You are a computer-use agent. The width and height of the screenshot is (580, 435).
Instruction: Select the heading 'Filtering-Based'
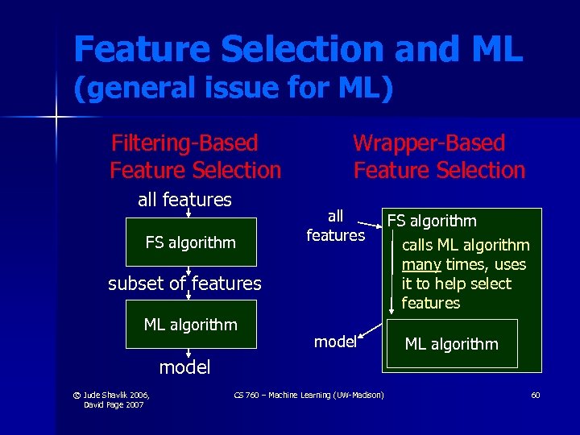pyautogui.click(x=184, y=143)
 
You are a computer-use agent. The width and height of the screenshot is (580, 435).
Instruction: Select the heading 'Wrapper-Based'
pyautogui.click(x=429, y=143)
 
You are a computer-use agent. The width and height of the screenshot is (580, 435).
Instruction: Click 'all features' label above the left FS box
pyautogui.click(x=184, y=200)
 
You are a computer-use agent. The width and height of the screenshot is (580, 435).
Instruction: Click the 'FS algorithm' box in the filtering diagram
pyautogui.click(x=191, y=242)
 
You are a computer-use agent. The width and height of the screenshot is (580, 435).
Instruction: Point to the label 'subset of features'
pyautogui.click(x=184, y=284)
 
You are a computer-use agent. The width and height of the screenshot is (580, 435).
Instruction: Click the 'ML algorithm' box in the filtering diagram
pyautogui.click(x=191, y=325)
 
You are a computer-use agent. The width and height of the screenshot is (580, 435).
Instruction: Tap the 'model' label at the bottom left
pyautogui.click(x=184, y=368)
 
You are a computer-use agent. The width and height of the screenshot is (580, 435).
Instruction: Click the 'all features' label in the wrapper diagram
pyautogui.click(x=335, y=226)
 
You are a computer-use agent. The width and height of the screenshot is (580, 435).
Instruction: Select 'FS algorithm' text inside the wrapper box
pyautogui.click(x=432, y=221)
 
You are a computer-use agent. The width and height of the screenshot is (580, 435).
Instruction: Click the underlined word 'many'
pyautogui.click(x=419, y=264)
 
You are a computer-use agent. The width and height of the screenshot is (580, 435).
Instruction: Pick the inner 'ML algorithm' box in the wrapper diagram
pyautogui.click(x=451, y=344)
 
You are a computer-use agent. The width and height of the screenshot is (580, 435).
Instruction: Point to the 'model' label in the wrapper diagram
pyautogui.click(x=335, y=342)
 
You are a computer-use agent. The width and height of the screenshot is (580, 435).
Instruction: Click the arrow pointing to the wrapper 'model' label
pyautogui.click(x=371, y=332)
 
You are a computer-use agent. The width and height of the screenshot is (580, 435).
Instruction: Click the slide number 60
pyautogui.click(x=536, y=395)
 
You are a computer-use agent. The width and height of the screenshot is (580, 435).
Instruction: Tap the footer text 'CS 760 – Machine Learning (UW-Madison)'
pyautogui.click(x=309, y=395)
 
